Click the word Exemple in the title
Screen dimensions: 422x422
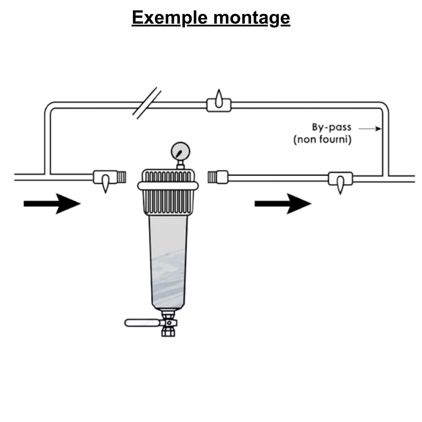tap(169, 18)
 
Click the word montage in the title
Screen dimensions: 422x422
tap(252, 18)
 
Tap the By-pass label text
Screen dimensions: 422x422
tap(332, 127)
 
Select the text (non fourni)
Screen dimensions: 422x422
tap(322, 139)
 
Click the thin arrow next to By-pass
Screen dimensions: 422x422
tap(370, 129)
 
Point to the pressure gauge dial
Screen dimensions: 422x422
tap(180, 151)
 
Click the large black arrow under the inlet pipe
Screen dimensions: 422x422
tap(52, 204)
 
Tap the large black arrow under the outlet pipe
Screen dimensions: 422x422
tap(283, 204)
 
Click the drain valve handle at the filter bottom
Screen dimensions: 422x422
tap(142, 323)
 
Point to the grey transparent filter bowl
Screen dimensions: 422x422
tap(168, 262)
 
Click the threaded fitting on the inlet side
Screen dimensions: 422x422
tap(122, 177)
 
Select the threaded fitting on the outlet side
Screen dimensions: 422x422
tap(212, 177)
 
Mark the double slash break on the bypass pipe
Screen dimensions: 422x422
tap(147, 103)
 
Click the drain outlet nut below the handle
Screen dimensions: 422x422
tap(168, 331)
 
